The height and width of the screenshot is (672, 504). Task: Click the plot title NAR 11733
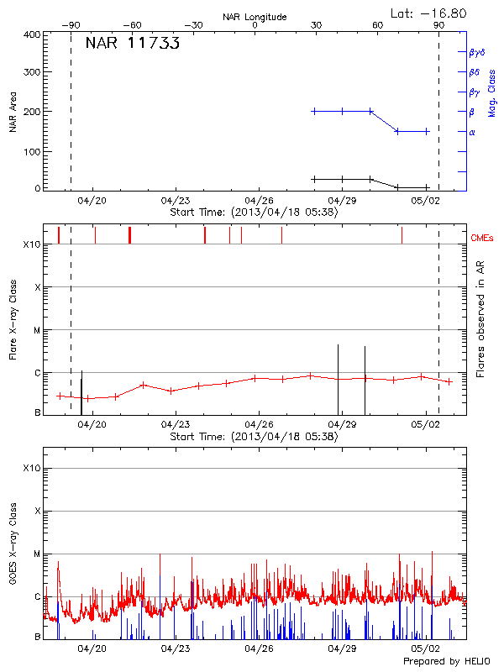pos(132,45)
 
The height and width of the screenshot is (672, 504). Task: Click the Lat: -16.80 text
pos(429,13)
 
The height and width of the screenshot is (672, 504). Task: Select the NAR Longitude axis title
pos(255,17)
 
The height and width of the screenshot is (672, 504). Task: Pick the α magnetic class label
pos(472,132)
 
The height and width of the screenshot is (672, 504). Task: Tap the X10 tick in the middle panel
pos(32,244)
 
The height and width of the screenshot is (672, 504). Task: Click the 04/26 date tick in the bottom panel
pos(259,649)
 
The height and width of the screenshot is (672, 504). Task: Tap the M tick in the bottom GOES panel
pos(37,554)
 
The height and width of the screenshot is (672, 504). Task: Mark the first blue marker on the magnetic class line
pos(314,111)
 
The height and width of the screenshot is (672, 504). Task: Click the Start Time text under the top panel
pos(254,213)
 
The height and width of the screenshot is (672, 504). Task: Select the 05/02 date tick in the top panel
pos(426,201)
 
